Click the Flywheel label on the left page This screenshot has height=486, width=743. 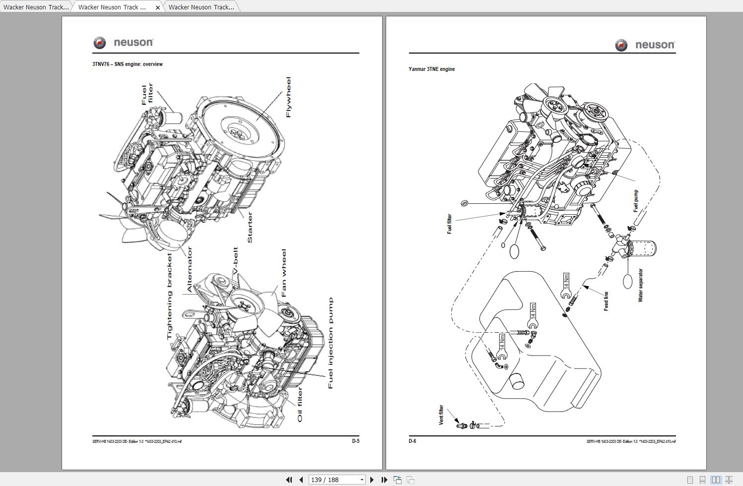click(288, 97)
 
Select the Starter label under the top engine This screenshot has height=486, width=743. click(250, 227)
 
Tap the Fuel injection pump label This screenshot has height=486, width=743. click(331, 343)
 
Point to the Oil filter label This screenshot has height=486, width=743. click(300, 405)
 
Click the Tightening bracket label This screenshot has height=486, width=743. click(170, 296)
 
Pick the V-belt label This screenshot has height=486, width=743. click(236, 261)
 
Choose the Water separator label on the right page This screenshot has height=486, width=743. click(640, 285)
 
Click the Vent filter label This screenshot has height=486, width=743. click(441, 415)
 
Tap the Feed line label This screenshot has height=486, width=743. click(606, 301)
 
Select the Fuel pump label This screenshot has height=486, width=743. click(636, 201)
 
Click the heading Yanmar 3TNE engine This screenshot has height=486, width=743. click(431, 69)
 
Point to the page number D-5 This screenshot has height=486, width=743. click(355, 441)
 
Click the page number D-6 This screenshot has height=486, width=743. click(412, 441)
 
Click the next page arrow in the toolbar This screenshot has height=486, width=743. click(372, 480)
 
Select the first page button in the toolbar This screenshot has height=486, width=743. click(289, 480)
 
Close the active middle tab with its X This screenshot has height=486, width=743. click(158, 7)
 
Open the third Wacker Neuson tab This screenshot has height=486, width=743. click(201, 7)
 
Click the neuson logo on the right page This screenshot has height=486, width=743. click(645, 45)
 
